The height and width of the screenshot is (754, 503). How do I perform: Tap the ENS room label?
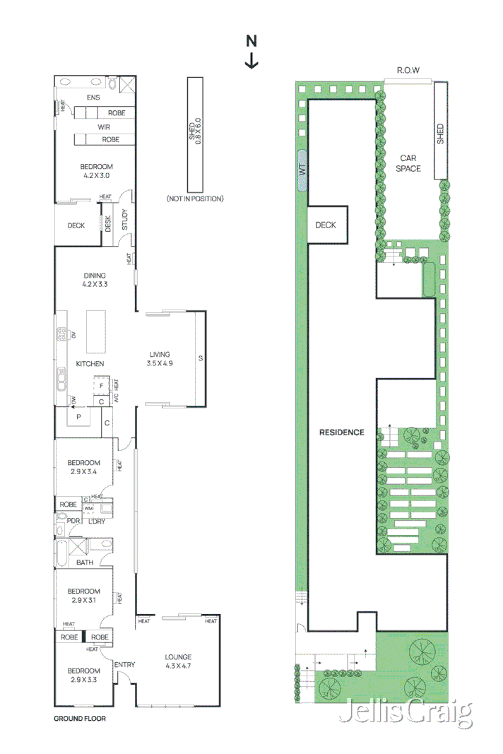94,98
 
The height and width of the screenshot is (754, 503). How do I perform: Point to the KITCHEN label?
90,364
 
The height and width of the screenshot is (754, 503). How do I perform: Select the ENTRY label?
124,664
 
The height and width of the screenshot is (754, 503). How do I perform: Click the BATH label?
85,563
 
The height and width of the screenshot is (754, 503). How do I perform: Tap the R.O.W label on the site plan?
408,70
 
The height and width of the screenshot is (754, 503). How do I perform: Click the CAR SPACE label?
409,163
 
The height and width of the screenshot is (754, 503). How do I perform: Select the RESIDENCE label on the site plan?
341,432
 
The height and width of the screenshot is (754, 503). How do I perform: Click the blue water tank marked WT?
302,170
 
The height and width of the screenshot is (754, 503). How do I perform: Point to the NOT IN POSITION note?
195,199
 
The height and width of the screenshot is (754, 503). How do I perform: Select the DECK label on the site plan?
326,225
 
